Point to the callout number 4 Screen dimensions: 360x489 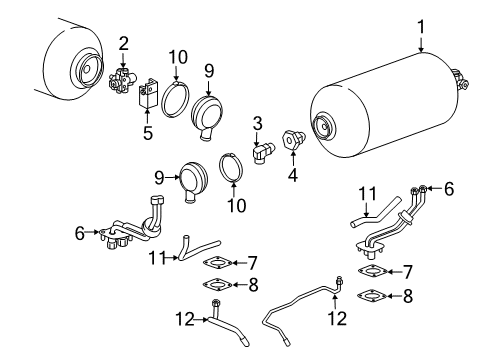point(291,173)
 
